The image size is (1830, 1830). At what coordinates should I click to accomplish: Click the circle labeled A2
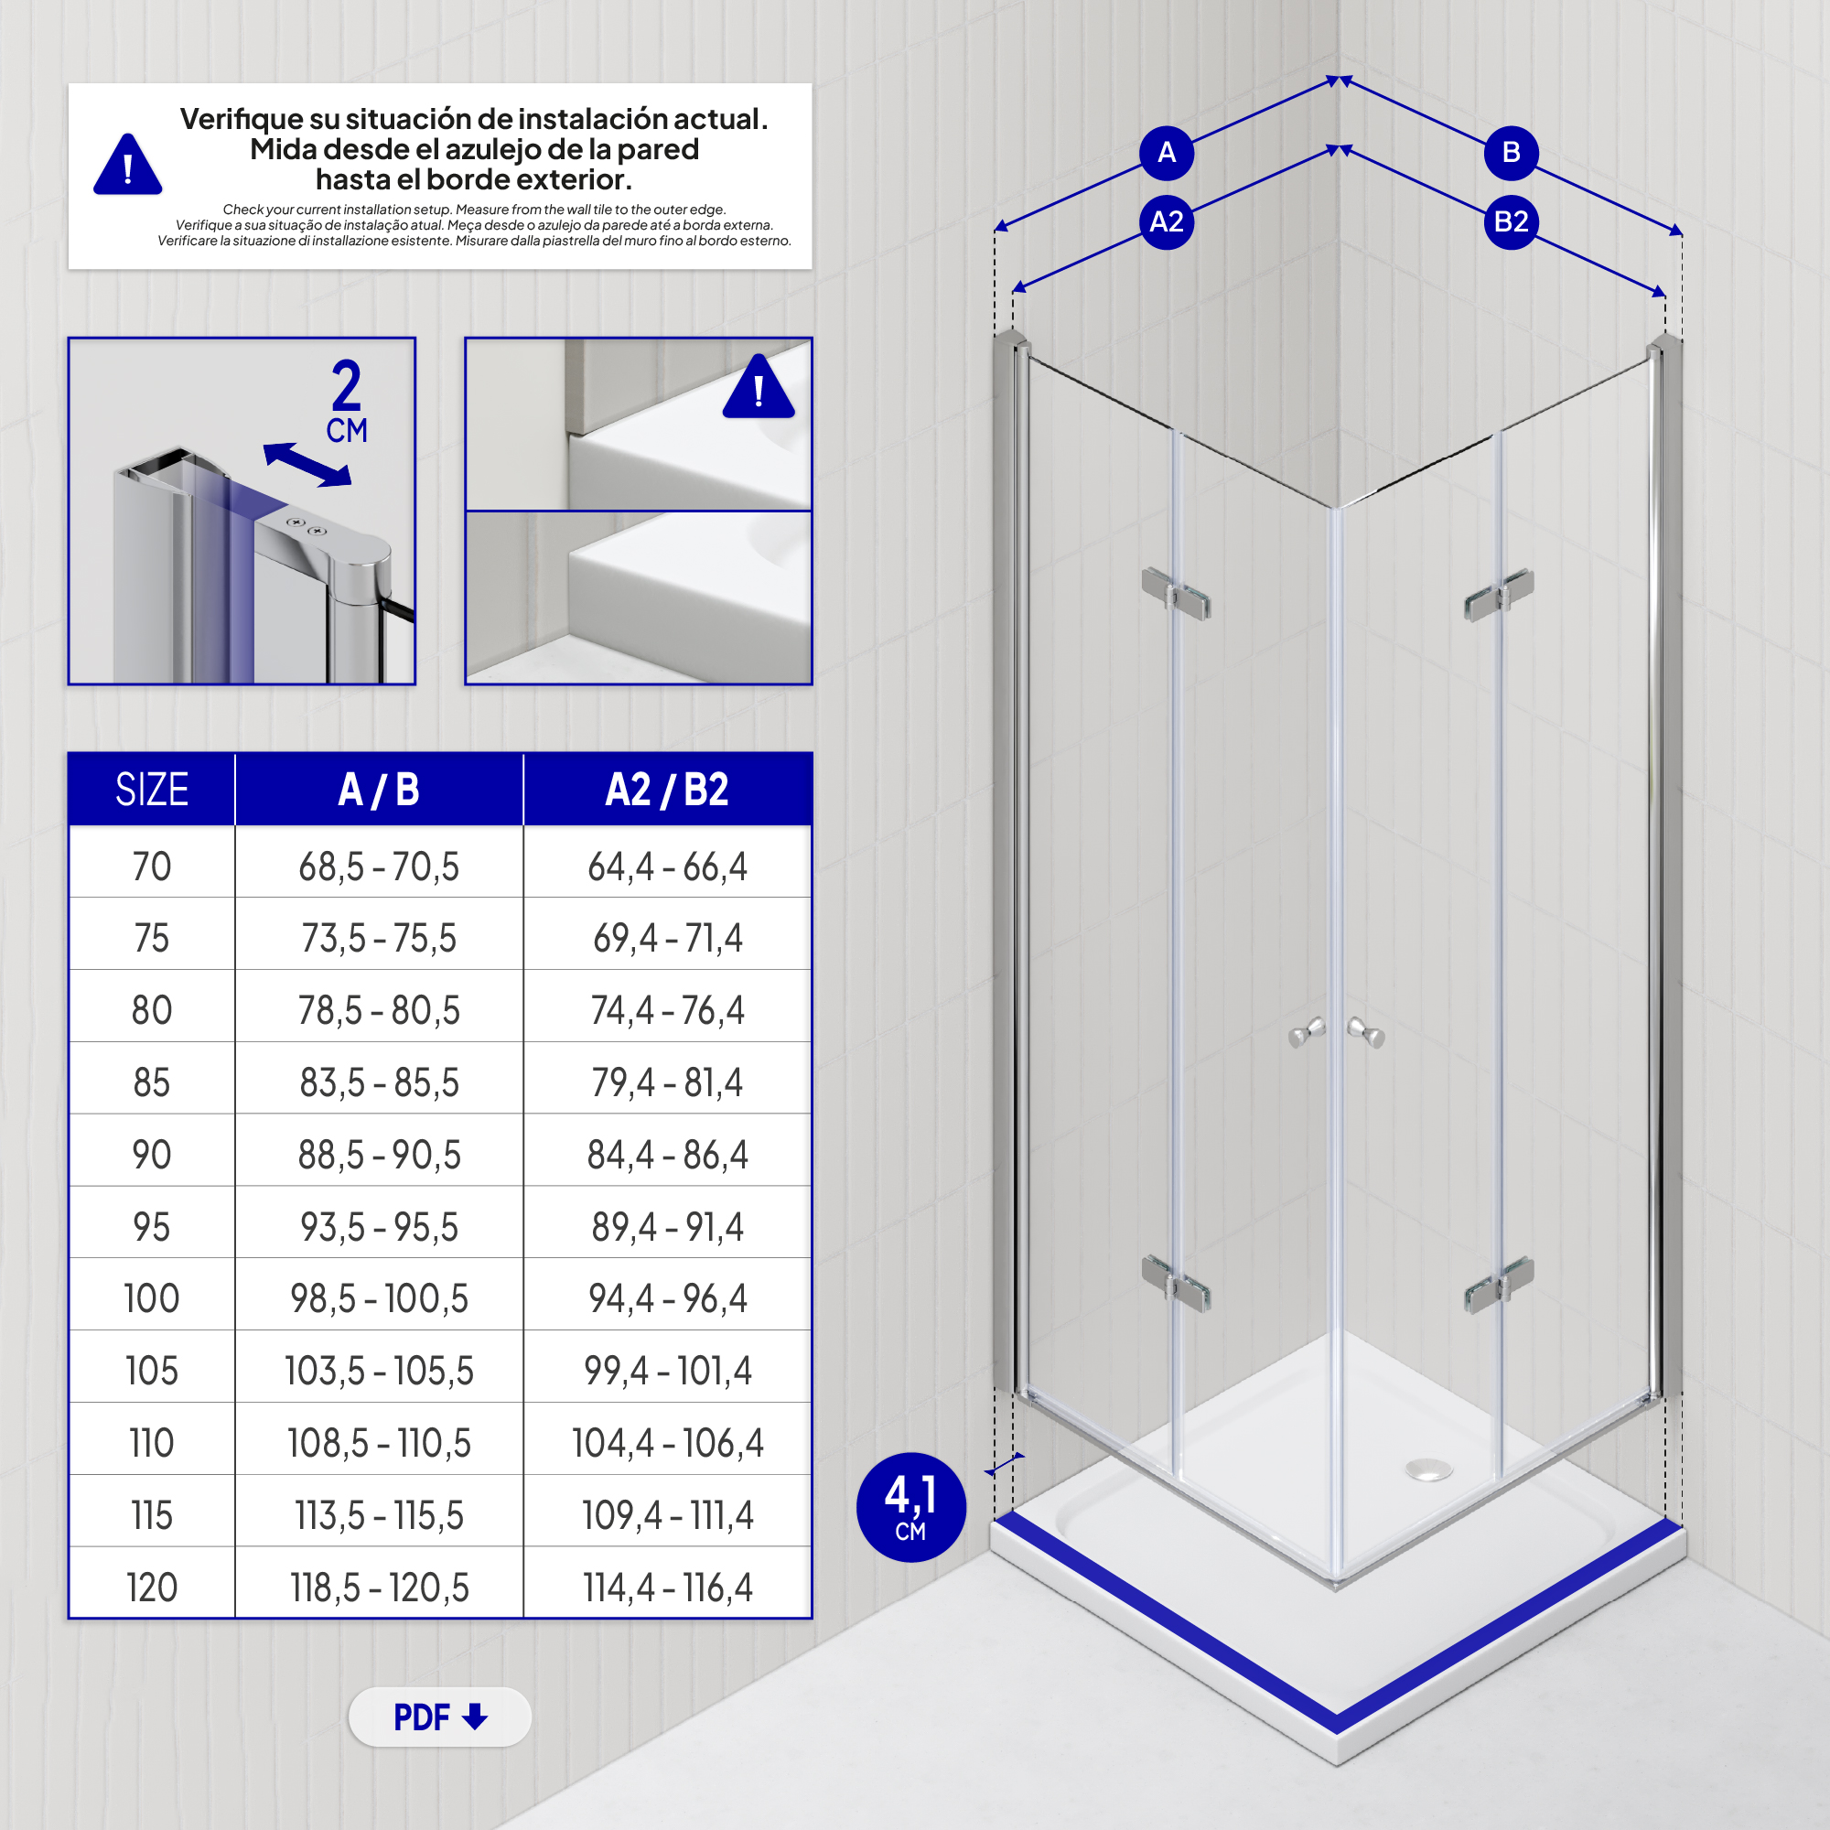coord(1166,221)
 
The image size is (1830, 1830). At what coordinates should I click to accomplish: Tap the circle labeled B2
coord(1511,221)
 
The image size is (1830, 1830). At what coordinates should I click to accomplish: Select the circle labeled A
coord(1166,152)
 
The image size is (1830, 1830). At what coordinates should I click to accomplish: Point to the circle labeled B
coord(1511,152)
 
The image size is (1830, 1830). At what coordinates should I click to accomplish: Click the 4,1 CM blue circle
coord(910,1507)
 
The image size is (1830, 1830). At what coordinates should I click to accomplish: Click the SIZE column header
coord(152,789)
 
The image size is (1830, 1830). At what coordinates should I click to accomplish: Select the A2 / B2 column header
coord(667,789)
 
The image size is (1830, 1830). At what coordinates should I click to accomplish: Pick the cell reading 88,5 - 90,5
coord(379,1155)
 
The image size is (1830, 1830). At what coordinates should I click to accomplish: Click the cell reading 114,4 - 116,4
coord(667,1588)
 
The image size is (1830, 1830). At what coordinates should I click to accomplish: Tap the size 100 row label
coord(152,1298)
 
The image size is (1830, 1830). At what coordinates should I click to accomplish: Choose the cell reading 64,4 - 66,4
coord(667,866)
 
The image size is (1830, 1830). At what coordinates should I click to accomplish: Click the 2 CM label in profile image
coord(347,401)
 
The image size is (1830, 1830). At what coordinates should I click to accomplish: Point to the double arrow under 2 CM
coord(307,465)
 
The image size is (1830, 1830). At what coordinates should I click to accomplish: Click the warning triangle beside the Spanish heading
coord(128,167)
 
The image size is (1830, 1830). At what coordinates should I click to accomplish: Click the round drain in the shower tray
coord(1428,1469)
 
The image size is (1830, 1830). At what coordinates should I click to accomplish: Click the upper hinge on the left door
coord(1176,594)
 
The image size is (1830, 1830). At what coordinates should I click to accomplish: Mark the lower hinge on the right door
coord(1499,1285)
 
